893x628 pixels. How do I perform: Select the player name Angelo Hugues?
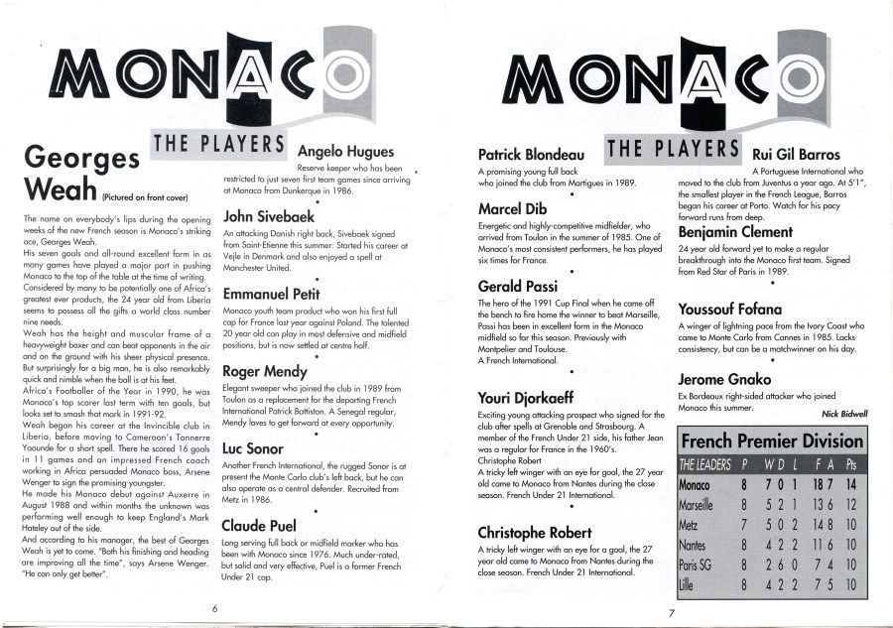(345, 152)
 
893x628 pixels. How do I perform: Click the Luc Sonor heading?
(253, 448)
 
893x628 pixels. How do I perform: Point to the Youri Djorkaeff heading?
(540, 399)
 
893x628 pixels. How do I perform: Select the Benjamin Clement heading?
(749, 232)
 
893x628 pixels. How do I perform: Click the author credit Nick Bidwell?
(844, 413)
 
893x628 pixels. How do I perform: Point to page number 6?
(215, 609)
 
